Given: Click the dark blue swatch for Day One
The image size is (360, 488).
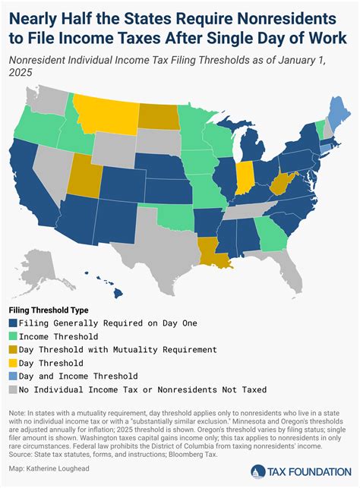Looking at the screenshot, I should [14, 323].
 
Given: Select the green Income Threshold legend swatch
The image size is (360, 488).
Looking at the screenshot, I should [14, 336].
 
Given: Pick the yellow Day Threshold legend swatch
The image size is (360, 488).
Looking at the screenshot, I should [14, 363].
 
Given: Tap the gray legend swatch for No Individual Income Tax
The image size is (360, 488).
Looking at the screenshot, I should [14, 389].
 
